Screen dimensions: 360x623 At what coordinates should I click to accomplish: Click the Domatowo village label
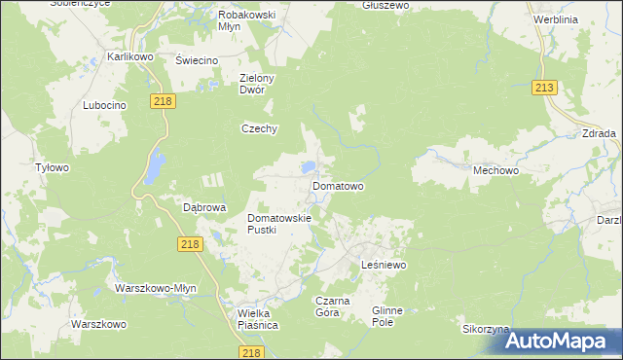click(338, 185)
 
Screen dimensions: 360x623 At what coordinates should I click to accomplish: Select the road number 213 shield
click(544, 89)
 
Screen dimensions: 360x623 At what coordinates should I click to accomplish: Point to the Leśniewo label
click(383, 265)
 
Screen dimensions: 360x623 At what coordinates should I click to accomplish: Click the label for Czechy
click(260, 128)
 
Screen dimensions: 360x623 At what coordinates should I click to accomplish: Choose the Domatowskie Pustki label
click(278, 225)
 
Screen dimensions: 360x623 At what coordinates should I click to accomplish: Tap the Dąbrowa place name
click(204, 207)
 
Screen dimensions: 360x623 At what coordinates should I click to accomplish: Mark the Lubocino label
click(105, 105)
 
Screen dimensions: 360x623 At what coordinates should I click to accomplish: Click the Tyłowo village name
click(52, 167)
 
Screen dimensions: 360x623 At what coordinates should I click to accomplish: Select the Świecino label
click(196, 60)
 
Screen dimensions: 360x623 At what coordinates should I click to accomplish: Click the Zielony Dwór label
click(260, 84)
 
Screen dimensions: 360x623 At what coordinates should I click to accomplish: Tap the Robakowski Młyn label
click(246, 21)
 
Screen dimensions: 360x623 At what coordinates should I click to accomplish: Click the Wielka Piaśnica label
click(258, 320)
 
